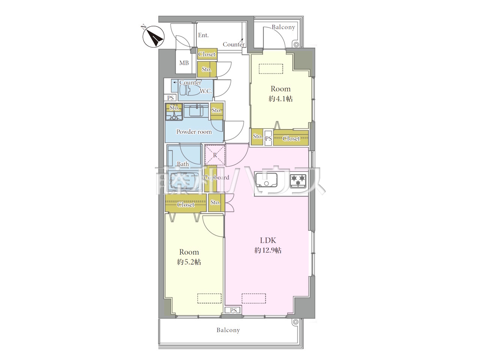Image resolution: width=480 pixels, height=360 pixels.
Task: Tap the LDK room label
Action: [x=268, y=240]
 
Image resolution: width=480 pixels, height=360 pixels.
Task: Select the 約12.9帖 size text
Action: [x=268, y=250]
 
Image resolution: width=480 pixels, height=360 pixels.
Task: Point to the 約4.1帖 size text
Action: [x=280, y=99]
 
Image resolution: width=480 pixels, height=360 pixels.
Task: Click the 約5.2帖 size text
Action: [x=189, y=262]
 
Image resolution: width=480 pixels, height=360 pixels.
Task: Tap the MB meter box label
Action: [x=184, y=63]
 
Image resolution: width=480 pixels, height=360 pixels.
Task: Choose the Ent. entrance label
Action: [x=203, y=35]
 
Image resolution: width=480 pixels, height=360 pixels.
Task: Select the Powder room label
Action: [x=194, y=132]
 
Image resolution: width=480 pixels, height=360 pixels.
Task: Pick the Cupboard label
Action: [x=216, y=177]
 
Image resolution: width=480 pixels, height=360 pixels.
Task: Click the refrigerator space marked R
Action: [x=215, y=155]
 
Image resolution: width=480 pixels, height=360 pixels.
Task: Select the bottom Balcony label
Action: [x=228, y=330]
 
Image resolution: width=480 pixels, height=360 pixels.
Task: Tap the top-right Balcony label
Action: [x=283, y=27]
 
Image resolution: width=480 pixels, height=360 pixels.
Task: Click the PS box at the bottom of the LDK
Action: [x=233, y=310]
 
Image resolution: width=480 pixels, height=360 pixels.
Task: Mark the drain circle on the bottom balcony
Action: [x=295, y=322]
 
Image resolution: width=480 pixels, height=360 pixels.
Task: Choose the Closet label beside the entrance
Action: [x=207, y=54]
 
